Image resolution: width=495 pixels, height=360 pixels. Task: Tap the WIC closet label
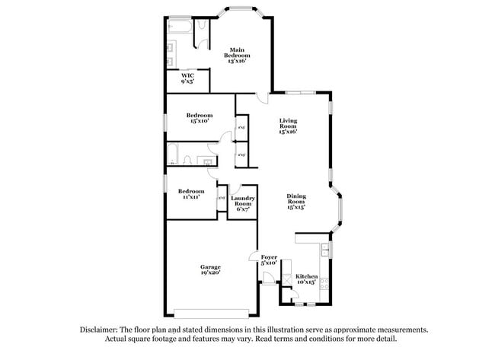pyautogui.click(x=187, y=78)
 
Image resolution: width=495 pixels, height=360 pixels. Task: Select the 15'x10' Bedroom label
pyautogui.click(x=199, y=117)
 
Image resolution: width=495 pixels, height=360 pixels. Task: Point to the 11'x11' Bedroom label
pyautogui.click(x=190, y=193)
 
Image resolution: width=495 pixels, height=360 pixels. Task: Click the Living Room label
pyautogui.click(x=287, y=126)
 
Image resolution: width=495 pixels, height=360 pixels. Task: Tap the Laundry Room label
pyautogui.click(x=243, y=203)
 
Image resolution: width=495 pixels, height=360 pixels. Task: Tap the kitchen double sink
pyautogui.click(x=324, y=248)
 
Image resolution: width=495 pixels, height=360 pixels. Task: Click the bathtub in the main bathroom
pyautogui.click(x=180, y=27)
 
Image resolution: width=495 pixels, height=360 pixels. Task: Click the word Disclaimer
pyautogui.click(x=104, y=330)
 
